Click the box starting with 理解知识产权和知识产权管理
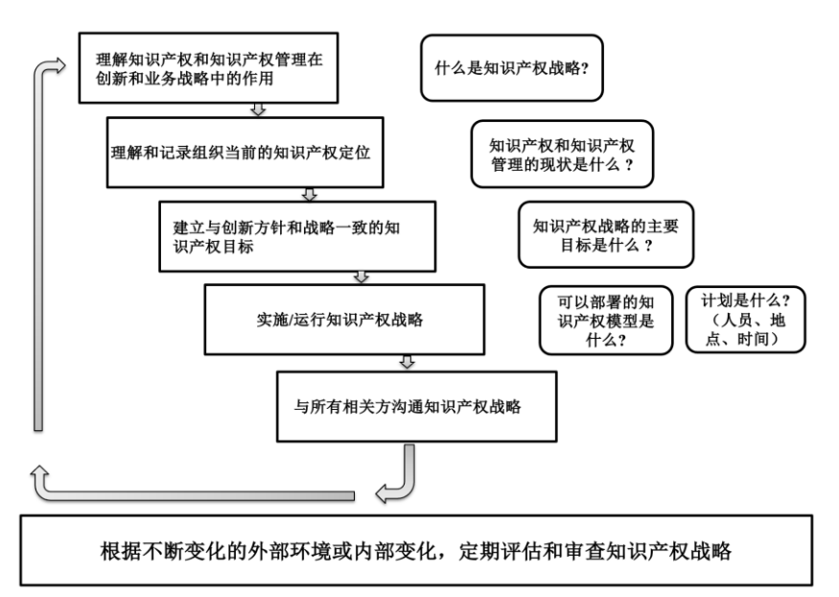[x=209, y=70]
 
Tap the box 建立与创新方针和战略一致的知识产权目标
[x=297, y=235]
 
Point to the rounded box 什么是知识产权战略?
[x=511, y=68]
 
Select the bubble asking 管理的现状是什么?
[x=561, y=154]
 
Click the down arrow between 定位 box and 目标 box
[x=309, y=193]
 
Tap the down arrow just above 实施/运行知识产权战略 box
[x=361, y=276]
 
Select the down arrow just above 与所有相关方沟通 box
[x=407, y=362]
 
